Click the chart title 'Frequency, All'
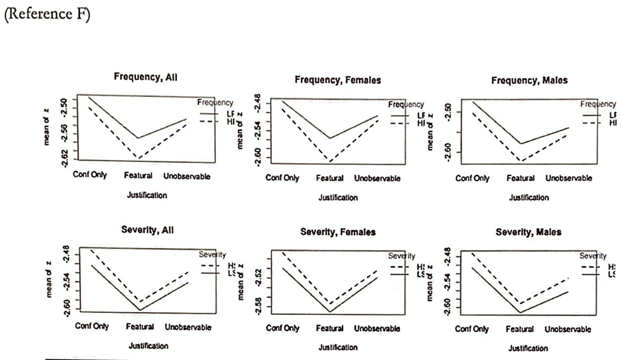pyautogui.click(x=146, y=79)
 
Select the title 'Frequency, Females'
pyautogui.click(x=338, y=80)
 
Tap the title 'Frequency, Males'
pyautogui.click(x=529, y=80)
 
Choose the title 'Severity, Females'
pyautogui.click(x=338, y=232)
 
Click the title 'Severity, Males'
pyautogui.click(x=528, y=232)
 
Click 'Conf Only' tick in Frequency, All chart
pyautogui.click(x=90, y=176)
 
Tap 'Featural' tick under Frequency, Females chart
pyautogui.click(x=330, y=178)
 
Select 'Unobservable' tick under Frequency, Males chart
pyautogui.click(x=569, y=178)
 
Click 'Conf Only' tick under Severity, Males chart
pyautogui.click(x=472, y=329)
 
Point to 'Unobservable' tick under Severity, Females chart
pyautogui.click(x=377, y=329)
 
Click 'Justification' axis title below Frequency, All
pyautogui.click(x=147, y=195)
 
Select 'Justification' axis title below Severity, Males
pyautogui.click(x=528, y=348)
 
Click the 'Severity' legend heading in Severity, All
pyautogui.click(x=213, y=254)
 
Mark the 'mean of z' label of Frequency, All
pyautogui.click(x=44, y=130)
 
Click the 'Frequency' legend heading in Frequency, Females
pyautogui.click(x=406, y=105)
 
